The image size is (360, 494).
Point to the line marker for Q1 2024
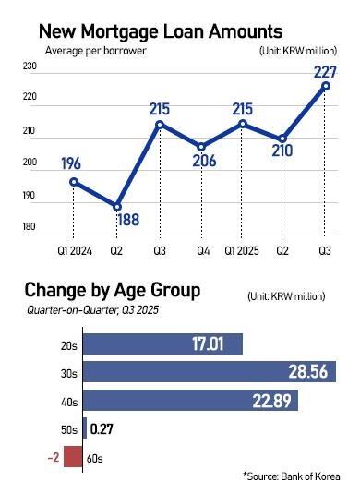[x=74, y=181]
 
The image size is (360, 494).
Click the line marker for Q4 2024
[x=201, y=146]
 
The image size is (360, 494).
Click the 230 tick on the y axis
[x=29, y=66]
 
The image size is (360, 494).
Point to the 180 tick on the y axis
[x=29, y=227]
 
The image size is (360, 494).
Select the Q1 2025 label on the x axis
[x=242, y=250]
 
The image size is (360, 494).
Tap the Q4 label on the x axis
[x=201, y=250]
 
